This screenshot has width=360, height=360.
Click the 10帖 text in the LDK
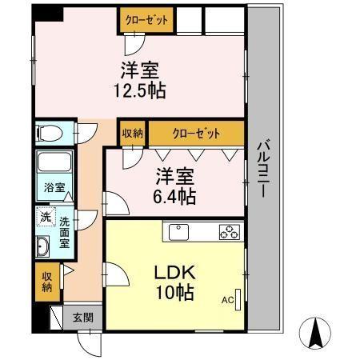(175, 293)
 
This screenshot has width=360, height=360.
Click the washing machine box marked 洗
(45, 216)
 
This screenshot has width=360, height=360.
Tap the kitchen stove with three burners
(230, 232)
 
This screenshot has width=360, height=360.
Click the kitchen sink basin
(178, 232)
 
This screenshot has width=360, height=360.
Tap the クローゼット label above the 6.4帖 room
(195, 134)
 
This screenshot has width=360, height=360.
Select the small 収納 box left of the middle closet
(133, 134)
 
